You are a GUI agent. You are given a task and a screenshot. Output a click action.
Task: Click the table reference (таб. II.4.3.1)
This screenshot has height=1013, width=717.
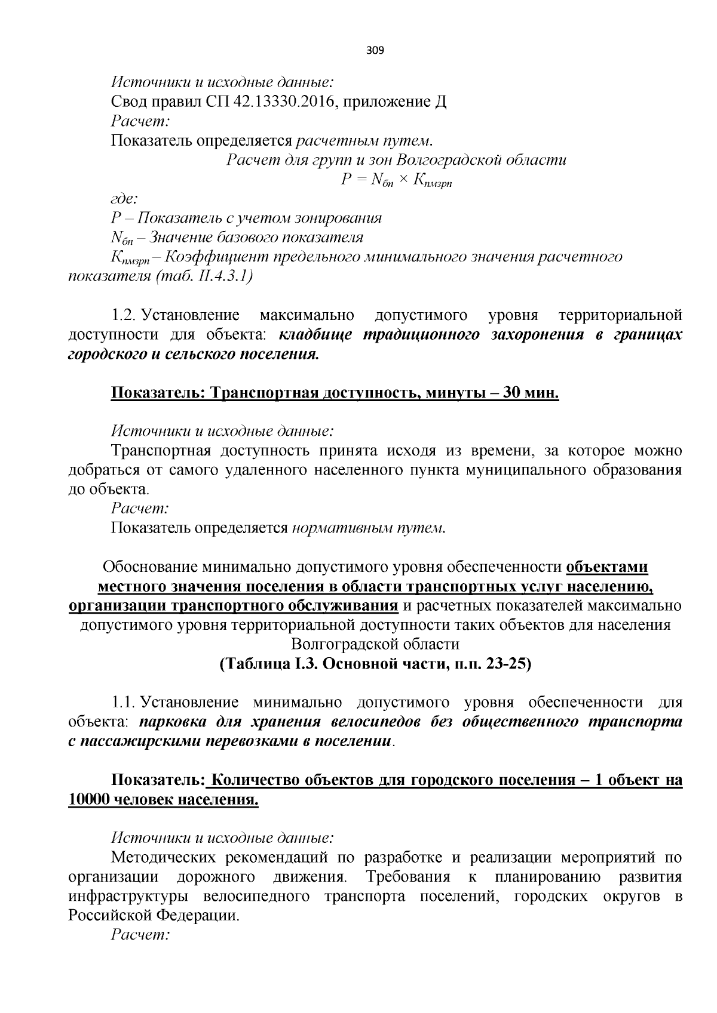[x=203, y=276]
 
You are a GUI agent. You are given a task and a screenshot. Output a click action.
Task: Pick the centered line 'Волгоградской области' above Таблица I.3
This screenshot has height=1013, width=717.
[x=375, y=644]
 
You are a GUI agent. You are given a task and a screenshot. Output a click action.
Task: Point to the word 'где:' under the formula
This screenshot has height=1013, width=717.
[x=124, y=199]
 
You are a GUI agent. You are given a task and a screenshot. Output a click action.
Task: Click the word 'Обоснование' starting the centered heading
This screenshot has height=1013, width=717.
[x=152, y=566]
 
